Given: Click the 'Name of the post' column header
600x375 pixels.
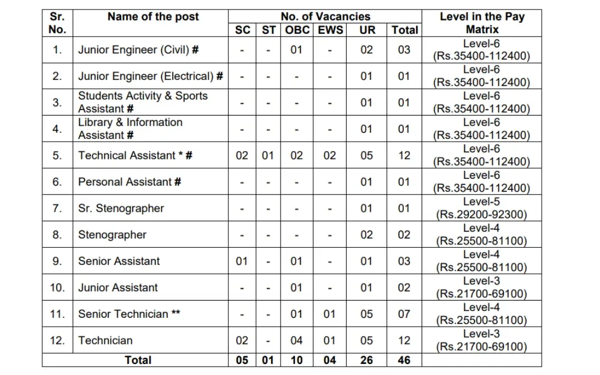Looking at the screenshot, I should coord(153,17).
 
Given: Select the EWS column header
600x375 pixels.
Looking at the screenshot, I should coord(330,30).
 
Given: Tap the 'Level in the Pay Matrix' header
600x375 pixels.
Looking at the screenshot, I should coord(482,23).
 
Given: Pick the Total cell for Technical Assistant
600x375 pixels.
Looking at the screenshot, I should coord(404,156).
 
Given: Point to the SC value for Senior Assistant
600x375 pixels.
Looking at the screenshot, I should coord(242,261).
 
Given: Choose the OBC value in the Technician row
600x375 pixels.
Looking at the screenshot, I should coord(297,341).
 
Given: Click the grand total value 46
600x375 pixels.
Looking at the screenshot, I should coord(404,360).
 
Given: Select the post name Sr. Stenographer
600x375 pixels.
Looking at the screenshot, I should coord(121,208).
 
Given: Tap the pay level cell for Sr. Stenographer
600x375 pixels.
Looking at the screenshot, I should coord(481,208).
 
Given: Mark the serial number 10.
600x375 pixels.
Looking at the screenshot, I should coord(57,288).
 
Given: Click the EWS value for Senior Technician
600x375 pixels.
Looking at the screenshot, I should coord(329,314).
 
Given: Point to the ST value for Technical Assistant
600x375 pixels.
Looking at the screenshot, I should coord(268,156).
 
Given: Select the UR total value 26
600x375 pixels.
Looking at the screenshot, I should coord(367,360).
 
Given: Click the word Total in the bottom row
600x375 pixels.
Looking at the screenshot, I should coord(138,360).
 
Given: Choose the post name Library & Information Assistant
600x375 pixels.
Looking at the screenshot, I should coord(130,129).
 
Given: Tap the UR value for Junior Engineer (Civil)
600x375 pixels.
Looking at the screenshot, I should coord(367,50).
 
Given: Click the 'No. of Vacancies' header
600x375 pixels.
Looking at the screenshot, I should coord(326,17).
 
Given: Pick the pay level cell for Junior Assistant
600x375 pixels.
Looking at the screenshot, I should coord(481,288).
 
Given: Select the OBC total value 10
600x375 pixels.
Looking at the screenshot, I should coord(297,360).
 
